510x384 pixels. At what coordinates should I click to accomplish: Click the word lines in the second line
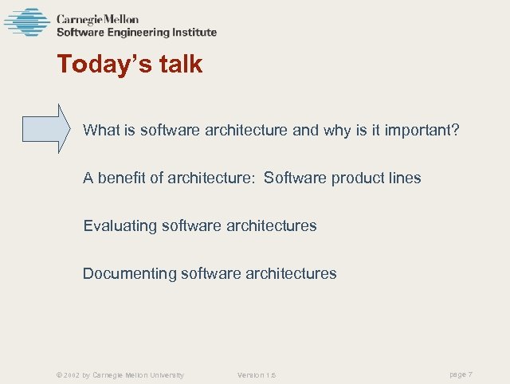click(402, 178)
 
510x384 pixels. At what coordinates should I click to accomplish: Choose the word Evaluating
click(120, 226)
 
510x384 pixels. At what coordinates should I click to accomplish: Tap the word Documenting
click(130, 273)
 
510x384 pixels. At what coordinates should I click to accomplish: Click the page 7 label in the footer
click(461, 374)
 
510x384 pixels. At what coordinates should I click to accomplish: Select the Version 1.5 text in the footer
click(257, 375)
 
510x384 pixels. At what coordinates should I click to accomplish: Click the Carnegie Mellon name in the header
click(97, 19)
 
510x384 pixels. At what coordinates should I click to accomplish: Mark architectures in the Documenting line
click(292, 273)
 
